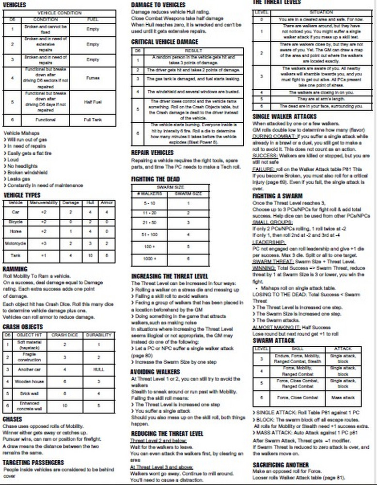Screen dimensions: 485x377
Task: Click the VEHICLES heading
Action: [15, 4]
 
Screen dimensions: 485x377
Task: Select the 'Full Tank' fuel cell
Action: [93, 119]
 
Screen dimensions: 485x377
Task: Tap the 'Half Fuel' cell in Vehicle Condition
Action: [93, 101]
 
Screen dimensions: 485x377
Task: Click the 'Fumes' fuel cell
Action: [93, 77]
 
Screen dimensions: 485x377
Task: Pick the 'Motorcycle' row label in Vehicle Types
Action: [16, 243]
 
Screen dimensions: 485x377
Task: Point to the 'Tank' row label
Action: [16, 255]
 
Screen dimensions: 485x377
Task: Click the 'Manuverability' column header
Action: [44, 202]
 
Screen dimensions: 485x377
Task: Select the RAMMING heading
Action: [15, 269]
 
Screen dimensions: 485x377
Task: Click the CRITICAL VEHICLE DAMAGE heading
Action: [164, 42]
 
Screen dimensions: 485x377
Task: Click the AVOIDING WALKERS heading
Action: [156, 372]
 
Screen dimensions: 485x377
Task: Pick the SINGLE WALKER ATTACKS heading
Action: [284, 116]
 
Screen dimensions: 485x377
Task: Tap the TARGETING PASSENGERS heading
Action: [33, 463]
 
